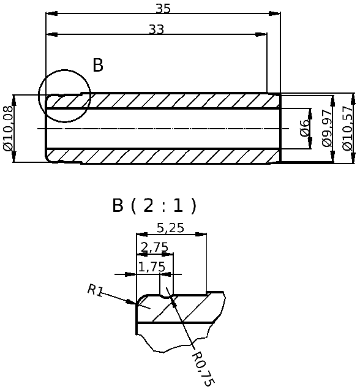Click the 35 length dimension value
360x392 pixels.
pos(163,8)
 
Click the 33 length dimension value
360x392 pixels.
pos(157,29)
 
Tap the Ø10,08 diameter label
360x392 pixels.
pos(8,129)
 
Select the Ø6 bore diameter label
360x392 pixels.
pos(304,128)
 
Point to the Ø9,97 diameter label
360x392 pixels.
pos(327,128)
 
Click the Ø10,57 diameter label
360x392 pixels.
pos(348,128)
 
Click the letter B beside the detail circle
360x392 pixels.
pos(98,65)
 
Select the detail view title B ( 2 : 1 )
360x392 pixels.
pos(154,206)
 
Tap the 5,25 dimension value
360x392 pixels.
pos(170,228)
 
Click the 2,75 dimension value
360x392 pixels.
pos(154,247)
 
